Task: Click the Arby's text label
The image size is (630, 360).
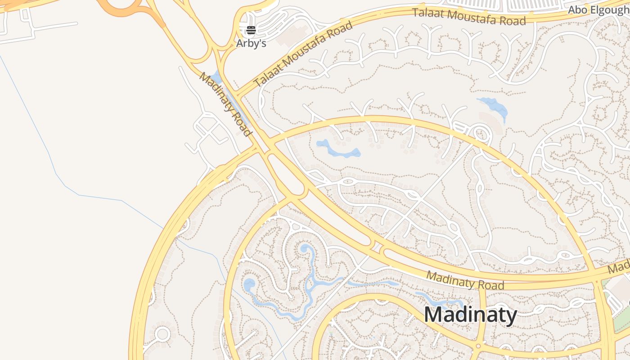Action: (251, 44)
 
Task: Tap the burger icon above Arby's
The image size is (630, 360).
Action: (251, 31)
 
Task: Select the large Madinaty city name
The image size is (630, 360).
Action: (470, 315)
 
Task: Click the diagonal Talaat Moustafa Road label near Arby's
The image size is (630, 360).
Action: (303, 54)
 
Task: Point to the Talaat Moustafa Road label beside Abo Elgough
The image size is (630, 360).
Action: (469, 17)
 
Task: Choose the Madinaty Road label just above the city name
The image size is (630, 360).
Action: (465, 280)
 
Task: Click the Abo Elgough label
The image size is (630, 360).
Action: (598, 10)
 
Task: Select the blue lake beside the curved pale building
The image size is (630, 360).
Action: (494, 107)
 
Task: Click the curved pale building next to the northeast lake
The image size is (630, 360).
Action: (492, 121)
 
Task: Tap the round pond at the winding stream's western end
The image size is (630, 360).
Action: (249, 284)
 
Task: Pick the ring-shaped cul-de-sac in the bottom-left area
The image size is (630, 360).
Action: (162, 334)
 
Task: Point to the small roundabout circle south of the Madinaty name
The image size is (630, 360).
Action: (478, 346)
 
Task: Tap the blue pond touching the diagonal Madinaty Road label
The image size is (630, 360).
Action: (216, 77)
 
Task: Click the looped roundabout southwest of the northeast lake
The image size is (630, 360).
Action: (481, 134)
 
